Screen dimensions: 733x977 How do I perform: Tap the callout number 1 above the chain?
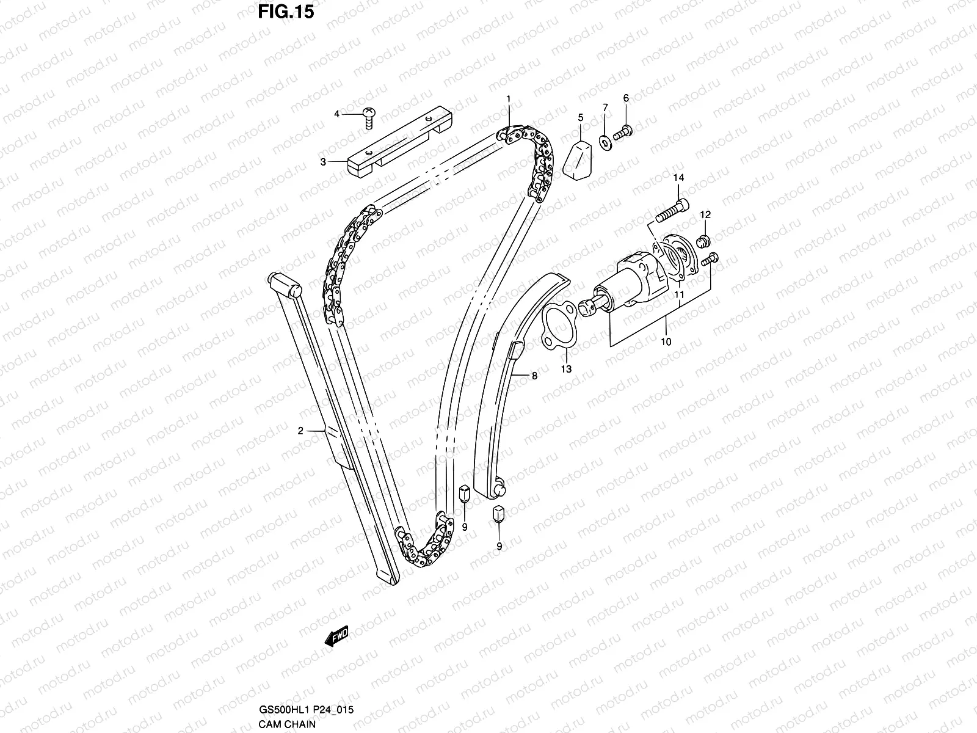pyautogui.click(x=507, y=98)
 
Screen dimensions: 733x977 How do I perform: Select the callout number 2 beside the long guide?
pyautogui.click(x=300, y=431)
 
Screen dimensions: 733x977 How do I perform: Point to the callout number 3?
pyautogui.click(x=324, y=161)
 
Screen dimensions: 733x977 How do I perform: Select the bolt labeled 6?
pyautogui.click(x=623, y=131)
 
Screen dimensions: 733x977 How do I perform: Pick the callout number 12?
pyautogui.click(x=705, y=214)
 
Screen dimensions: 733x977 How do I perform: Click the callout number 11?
pyautogui.click(x=679, y=295)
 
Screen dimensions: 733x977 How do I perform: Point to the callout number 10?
pyautogui.click(x=666, y=341)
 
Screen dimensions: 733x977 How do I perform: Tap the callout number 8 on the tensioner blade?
pyautogui.click(x=534, y=376)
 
